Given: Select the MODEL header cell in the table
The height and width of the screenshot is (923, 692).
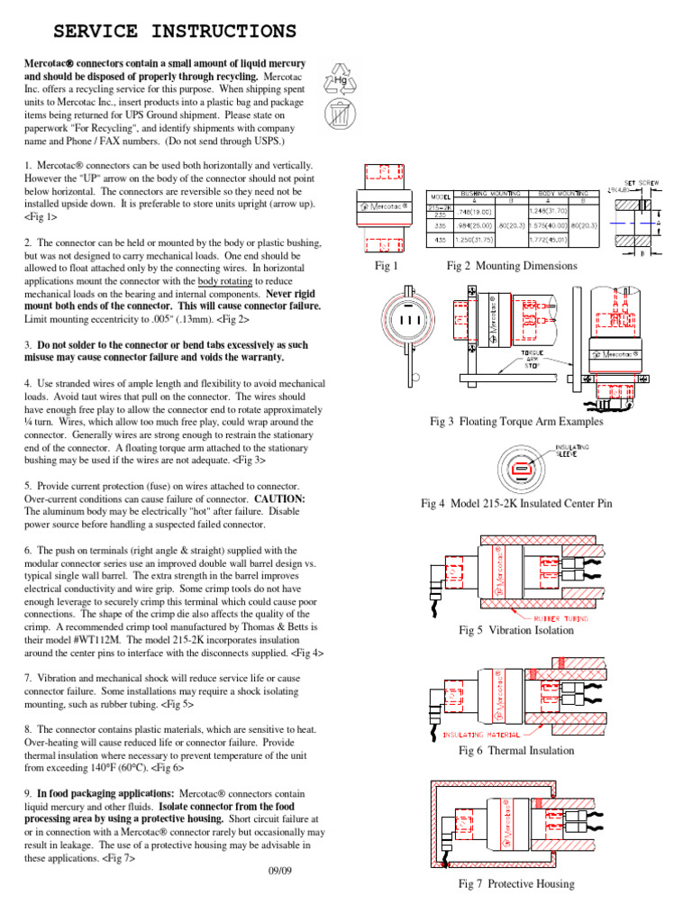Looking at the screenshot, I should coord(439,196).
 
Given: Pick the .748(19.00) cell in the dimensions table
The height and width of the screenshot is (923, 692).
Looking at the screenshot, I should coord(476,210).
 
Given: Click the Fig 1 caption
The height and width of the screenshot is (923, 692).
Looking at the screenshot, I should coord(386,266).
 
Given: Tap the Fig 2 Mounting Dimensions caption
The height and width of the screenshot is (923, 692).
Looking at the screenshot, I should coord(512,266).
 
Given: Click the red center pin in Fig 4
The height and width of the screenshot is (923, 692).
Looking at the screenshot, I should coord(520,470).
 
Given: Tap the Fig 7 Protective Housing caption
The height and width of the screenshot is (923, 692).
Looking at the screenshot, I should coord(515,884).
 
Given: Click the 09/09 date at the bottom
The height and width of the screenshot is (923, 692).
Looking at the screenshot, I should coord(281,871).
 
